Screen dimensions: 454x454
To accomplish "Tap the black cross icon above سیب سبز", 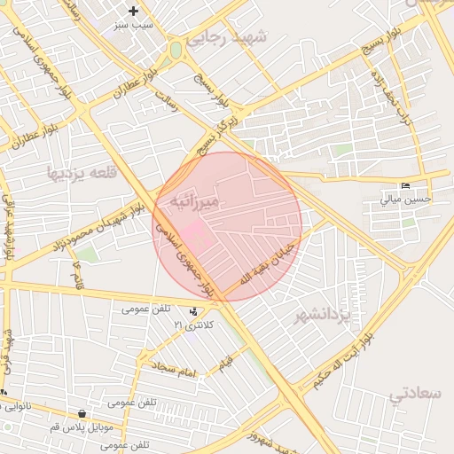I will [133, 12].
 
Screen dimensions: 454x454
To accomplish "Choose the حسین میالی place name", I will [406, 199].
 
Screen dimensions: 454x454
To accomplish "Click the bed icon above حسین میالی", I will [406, 185].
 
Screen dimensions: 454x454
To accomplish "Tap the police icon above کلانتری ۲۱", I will [193, 311].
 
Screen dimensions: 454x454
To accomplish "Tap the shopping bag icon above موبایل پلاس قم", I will [82, 413].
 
